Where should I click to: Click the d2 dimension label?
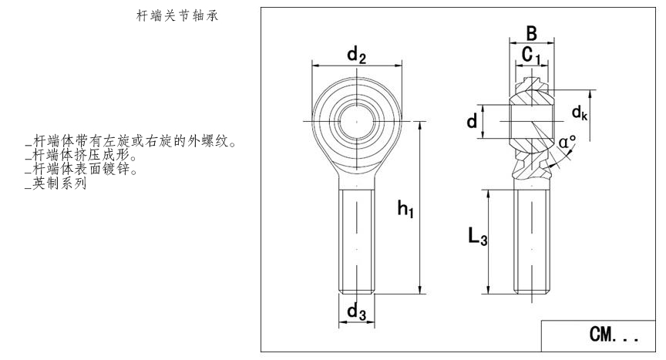355,55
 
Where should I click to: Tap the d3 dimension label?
355,312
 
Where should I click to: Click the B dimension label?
531,33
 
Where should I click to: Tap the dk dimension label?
580,113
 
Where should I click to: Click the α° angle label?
567,143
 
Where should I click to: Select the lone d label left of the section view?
471,121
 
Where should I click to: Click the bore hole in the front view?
356,121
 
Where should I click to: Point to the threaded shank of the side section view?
532,239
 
